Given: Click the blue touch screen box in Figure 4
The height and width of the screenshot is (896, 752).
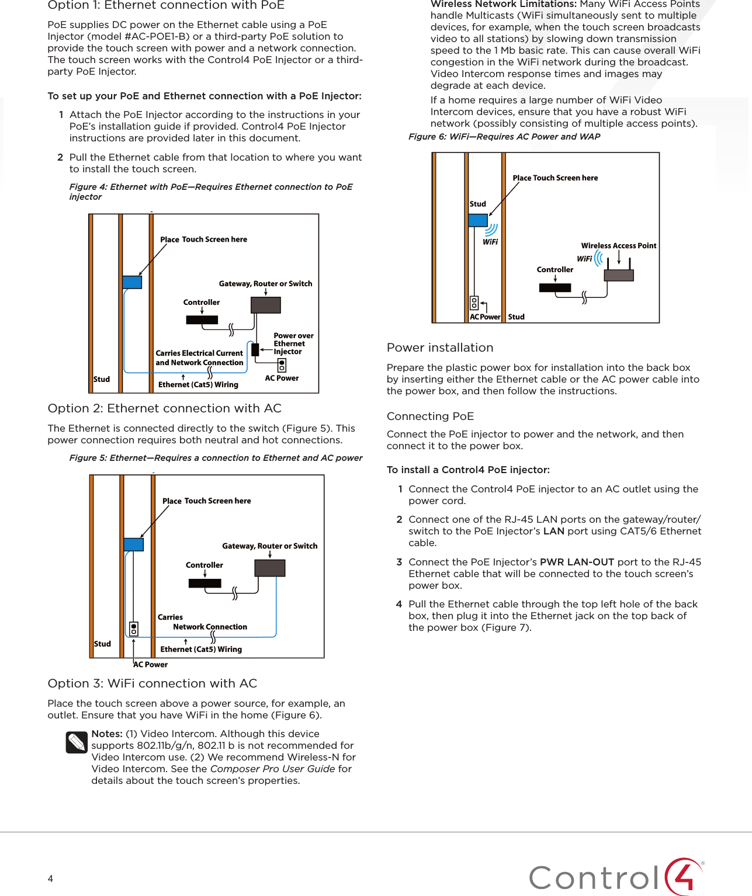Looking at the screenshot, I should point(132,282).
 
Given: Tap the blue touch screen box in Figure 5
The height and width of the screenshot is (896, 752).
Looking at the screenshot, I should point(134,544).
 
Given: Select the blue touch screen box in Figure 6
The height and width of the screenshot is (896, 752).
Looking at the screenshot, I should point(477,220).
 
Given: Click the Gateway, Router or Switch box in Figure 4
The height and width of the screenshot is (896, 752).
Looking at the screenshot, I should point(266,305).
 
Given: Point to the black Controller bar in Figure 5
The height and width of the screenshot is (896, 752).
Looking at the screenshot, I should point(205,583).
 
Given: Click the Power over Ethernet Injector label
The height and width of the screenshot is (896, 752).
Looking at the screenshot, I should point(293,343).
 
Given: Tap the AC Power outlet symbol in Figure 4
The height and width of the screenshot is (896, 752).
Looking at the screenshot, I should point(282,366).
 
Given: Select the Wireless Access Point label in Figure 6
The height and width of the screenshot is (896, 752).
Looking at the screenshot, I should point(618,246).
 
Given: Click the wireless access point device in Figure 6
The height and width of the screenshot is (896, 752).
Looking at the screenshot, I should point(619,275).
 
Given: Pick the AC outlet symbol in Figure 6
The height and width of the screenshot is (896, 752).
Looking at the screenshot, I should point(474,303).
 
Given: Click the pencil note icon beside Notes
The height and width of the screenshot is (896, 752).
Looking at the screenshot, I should point(77,742).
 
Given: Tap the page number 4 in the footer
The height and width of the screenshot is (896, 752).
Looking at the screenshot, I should point(50,878).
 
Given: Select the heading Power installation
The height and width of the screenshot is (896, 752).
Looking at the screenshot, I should point(440,348).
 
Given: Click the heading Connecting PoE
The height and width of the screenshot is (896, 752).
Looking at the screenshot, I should point(430,416).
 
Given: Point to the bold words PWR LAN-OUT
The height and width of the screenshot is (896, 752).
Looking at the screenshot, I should point(577,562).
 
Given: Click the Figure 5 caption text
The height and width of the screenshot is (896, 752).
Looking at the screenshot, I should point(216,458).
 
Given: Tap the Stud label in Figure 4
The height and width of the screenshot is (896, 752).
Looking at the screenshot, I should point(102,379).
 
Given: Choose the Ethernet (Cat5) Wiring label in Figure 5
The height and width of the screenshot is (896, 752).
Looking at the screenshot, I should point(201,649).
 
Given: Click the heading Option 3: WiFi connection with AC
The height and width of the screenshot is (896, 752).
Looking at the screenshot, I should point(153,683).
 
